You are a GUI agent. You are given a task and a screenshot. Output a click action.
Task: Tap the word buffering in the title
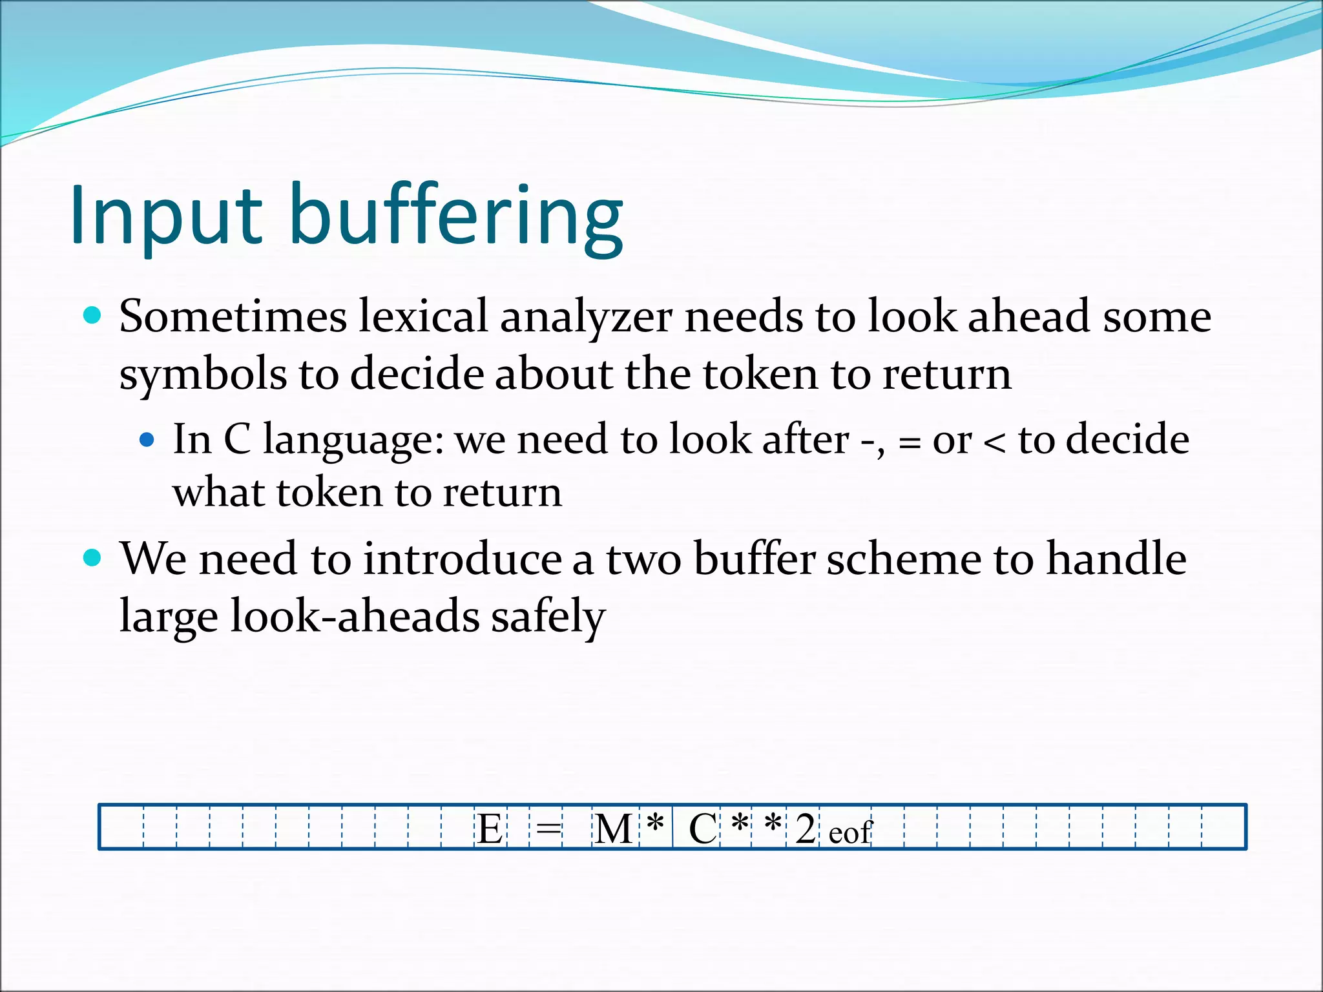(x=456, y=216)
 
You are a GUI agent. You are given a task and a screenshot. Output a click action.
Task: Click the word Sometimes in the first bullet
(x=233, y=317)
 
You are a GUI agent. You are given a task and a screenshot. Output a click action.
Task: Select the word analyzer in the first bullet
(x=586, y=318)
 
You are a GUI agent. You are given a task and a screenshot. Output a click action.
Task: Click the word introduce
(x=463, y=559)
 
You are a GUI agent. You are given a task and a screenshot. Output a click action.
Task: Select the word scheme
(x=903, y=559)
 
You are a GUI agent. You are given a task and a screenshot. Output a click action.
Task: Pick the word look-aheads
(x=354, y=616)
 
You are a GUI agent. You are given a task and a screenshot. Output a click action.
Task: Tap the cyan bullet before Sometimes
(x=93, y=316)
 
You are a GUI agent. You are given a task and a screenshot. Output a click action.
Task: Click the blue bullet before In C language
(x=147, y=440)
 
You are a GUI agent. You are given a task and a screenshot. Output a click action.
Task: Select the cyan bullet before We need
(x=93, y=557)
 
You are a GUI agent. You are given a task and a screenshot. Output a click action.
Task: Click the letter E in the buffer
(x=490, y=829)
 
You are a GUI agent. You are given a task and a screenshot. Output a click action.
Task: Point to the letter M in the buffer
(x=612, y=829)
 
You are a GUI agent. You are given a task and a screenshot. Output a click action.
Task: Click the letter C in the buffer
(x=702, y=829)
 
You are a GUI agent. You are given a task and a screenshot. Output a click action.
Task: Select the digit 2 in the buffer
(x=805, y=829)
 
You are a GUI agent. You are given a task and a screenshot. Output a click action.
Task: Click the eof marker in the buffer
(x=849, y=833)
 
